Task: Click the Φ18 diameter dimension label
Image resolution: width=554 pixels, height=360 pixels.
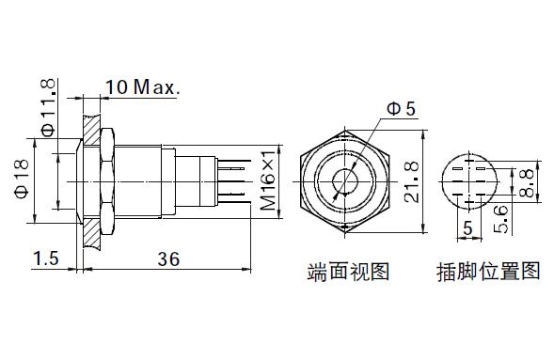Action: [22, 179]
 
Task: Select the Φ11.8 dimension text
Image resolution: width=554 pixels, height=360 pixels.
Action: [48, 107]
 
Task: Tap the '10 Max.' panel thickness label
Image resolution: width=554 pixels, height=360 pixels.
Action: [143, 86]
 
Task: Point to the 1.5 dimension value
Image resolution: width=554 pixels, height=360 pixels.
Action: [46, 258]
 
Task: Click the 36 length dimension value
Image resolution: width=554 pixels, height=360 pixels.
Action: [168, 259]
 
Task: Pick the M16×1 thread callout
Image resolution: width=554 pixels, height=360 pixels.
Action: [267, 180]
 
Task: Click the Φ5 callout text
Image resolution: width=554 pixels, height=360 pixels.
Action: [402, 109]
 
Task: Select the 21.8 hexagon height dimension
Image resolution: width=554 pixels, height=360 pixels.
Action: [412, 181]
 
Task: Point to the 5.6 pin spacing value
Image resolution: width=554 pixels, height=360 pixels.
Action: [501, 219]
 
